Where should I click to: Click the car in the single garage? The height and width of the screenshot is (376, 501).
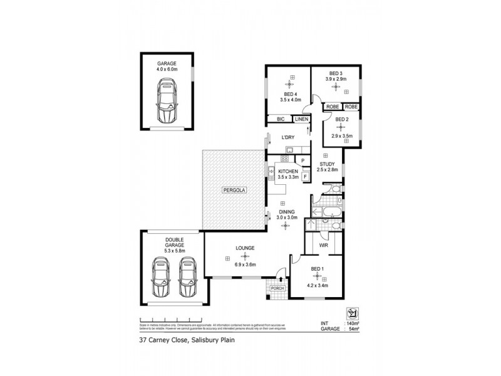(167, 104)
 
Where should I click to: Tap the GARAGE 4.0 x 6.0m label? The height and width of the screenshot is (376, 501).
(167, 66)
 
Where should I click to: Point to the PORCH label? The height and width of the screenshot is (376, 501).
(277, 288)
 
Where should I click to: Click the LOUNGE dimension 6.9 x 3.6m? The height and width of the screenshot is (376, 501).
(245, 265)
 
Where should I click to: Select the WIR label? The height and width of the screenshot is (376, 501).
(324, 246)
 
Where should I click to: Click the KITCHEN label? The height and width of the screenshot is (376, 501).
(287, 171)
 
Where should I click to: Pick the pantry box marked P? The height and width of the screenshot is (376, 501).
(303, 161)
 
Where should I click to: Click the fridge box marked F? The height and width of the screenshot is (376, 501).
(305, 176)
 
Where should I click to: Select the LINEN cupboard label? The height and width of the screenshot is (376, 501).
(302, 118)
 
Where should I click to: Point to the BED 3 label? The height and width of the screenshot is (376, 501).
(336, 72)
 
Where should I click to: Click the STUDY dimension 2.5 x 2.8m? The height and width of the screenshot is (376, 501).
(327, 169)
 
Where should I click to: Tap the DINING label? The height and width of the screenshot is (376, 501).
(287, 212)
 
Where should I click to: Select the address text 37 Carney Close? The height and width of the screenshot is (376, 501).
(163, 342)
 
